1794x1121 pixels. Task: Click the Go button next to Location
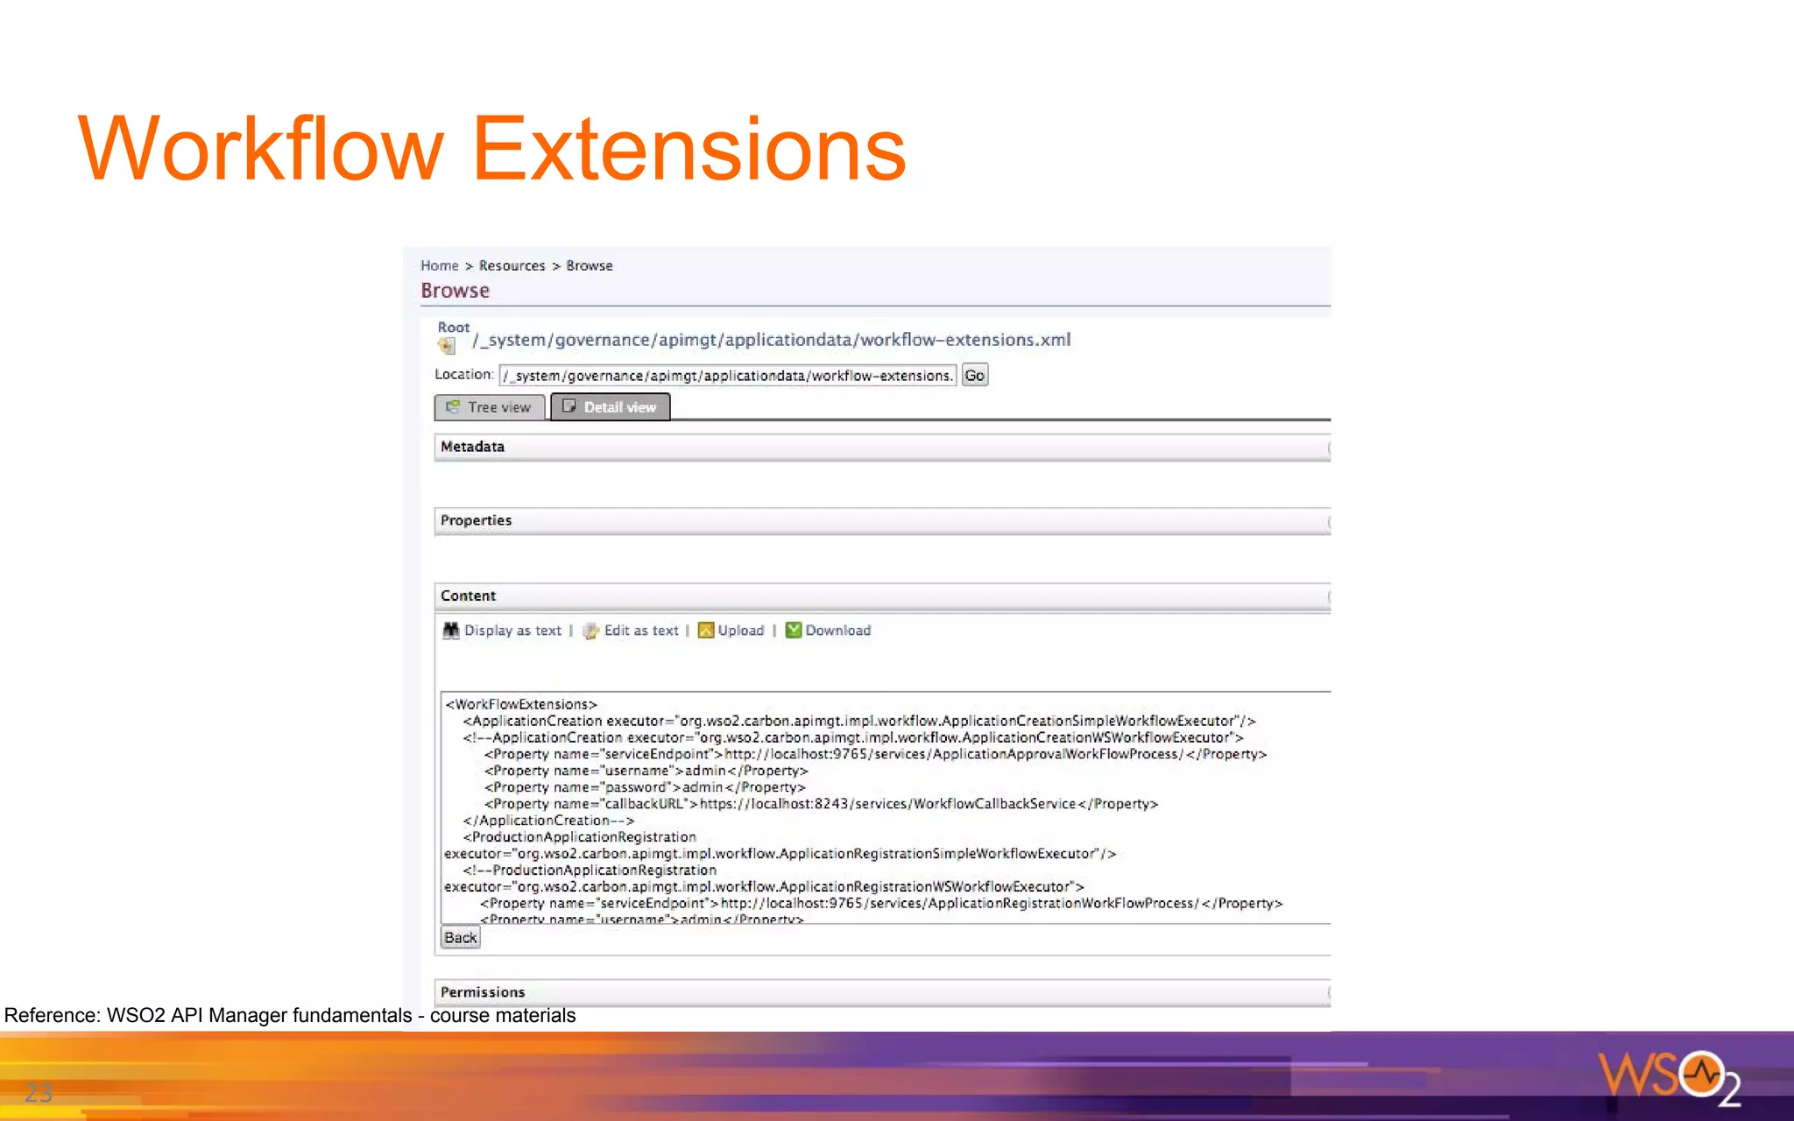[x=974, y=376]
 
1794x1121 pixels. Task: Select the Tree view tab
[x=490, y=407]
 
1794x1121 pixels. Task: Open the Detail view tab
[x=611, y=407]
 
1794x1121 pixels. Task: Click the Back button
[x=460, y=938]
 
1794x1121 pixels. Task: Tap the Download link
[x=837, y=631]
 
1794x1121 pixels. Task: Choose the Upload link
[x=740, y=631]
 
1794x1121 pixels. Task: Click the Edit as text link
[x=640, y=631]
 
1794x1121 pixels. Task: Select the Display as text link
[x=512, y=631]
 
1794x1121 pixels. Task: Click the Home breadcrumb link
[x=439, y=265]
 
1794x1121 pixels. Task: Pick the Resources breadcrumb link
[x=512, y=265]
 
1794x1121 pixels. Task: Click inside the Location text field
[x=727, y=376]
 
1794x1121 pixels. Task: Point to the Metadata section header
[x=473, y=447]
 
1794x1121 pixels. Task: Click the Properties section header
[x=476, y=520]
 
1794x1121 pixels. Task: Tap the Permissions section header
[x=483, y=992]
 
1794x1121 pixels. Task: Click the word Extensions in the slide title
[x=689, y=150]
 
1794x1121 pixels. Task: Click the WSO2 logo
[x=1668, y=1076]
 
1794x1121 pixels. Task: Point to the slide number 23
[x=39, y=1092]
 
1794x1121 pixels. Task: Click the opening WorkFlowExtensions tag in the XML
[x=521, y=704]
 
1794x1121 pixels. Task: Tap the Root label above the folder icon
[x=454, y=328]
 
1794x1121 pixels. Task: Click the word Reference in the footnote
[x=52, y=1015]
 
